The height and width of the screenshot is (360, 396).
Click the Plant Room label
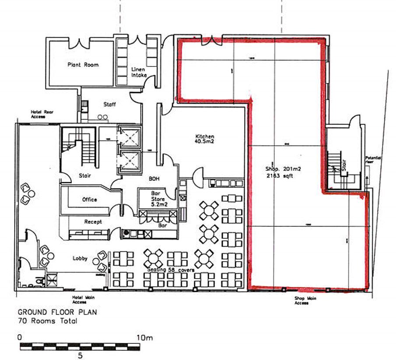click(83, 65)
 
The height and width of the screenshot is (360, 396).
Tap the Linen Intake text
click(139, 72)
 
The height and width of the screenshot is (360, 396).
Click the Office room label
click(89, 199)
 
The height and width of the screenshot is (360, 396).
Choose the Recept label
click(93, 222)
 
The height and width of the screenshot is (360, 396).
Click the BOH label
click(154, 178)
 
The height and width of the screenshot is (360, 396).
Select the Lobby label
click(80, 259)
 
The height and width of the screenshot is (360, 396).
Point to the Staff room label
click(109, 105)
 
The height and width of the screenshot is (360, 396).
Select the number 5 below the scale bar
click(80, 355)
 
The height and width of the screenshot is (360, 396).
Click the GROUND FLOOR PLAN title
click(57, 313)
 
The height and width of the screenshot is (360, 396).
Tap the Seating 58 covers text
click(171, 269)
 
